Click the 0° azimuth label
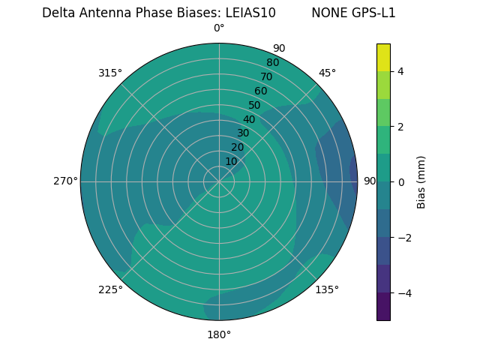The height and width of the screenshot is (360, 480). coord(219,28)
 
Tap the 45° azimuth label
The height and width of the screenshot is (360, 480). coord(327,73)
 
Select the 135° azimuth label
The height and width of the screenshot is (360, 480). coord(327,289)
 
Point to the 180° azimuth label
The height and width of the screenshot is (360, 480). coord(219,334)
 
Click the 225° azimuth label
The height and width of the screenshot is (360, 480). coord(110,289)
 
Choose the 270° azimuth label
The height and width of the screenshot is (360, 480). coord(65,181)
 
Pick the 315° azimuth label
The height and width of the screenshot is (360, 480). coord(110,73)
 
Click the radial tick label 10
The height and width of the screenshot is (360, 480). coord(231,161)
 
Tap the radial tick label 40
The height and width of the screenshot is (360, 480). coord(249,119)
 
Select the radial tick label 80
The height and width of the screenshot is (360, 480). coord(272,62)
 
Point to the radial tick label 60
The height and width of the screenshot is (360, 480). coord(260,91)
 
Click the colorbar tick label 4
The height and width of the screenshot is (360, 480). coord(400,71)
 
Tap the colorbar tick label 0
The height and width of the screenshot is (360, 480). coord(400,181)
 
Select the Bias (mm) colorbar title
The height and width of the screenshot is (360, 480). coord(421,181)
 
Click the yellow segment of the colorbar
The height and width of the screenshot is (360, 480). coord(383,58)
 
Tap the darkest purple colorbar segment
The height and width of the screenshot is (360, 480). coord(383,306)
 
